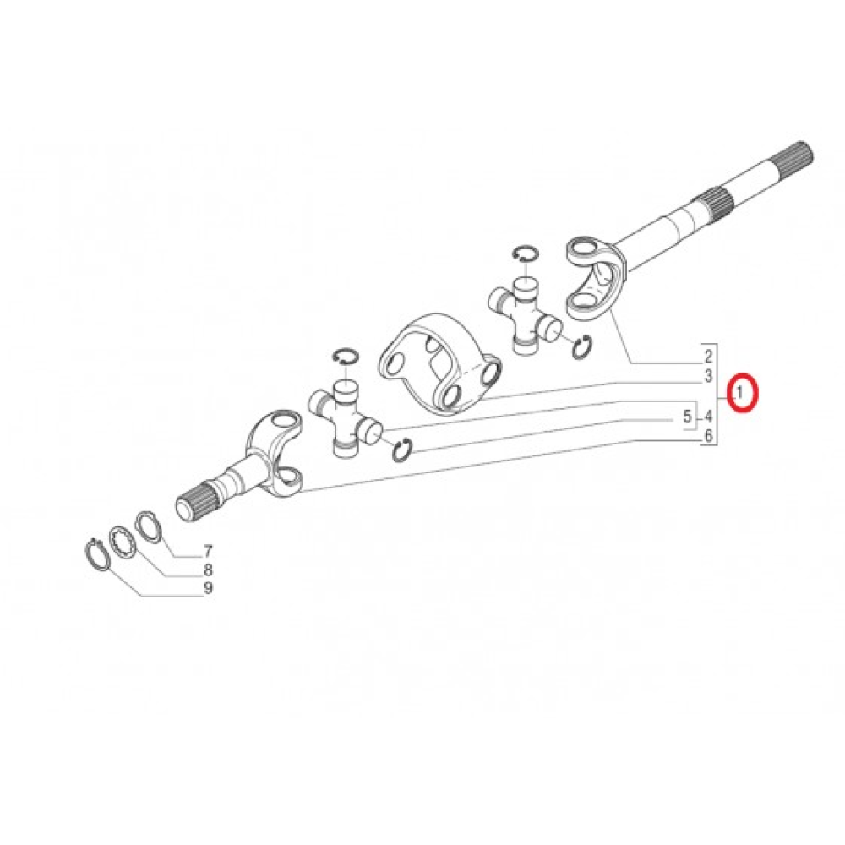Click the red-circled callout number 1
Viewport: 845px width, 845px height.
coord(740,392)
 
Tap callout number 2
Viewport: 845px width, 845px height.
coord(708,356)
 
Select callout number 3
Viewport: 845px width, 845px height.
coord(708,376)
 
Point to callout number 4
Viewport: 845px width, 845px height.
coord(708,416)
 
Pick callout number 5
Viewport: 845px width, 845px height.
coord(687,416)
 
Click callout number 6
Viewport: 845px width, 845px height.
coord(708,435)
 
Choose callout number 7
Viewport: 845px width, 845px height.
coord(208,551)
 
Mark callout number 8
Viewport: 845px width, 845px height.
coord(208,570)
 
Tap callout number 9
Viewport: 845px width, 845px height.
coord(208,588)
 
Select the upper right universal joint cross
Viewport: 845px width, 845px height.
coord(525,315)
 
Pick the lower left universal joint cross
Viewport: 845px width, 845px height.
coord(346,418)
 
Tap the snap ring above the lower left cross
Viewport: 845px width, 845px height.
coord(346,356)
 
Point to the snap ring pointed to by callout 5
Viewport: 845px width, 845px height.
coord(401,450)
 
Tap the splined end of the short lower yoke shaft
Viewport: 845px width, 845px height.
coord(197,499)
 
